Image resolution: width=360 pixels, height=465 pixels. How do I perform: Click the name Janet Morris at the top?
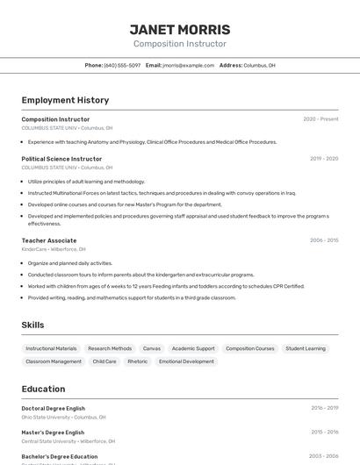[x=180, y=30]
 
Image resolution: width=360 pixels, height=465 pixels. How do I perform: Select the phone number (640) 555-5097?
[x=122, y=65]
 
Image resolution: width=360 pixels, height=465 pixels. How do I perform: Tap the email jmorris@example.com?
[x=188, y=65]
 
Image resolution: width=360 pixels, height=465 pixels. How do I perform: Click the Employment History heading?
[x=65, y=100]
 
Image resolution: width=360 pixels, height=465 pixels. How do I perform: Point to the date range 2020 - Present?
[x=320, y=119]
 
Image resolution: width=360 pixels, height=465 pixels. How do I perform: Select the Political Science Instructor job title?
[x=61, y=159]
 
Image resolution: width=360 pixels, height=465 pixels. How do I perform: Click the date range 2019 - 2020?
[x=324, y=159]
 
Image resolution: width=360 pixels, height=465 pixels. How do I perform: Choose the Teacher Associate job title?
[x=49, y=240]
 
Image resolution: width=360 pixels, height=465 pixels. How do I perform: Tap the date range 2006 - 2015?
[x=323, y=240]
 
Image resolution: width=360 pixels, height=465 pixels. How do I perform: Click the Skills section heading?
[x=32, y=325]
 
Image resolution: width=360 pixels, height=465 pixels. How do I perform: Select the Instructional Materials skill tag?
[x=51, y=348]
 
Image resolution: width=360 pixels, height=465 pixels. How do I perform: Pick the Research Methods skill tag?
[x=110, y=348]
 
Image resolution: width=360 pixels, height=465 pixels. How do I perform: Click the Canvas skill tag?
[x=152, y=348]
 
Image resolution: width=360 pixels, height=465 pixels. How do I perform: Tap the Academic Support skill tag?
[x=193, y=348]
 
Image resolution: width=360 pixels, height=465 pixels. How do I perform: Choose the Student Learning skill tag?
[x=306, y=348]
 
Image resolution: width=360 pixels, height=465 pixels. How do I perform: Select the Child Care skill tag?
[x=104, y=361]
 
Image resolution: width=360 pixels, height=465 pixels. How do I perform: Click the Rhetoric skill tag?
[x=138, y=361]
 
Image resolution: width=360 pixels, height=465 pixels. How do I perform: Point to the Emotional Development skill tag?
[x=186, y=361]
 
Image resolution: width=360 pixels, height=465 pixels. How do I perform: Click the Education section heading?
[x=43, y=389]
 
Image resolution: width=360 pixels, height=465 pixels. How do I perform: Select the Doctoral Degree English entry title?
[x=54, y=408]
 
